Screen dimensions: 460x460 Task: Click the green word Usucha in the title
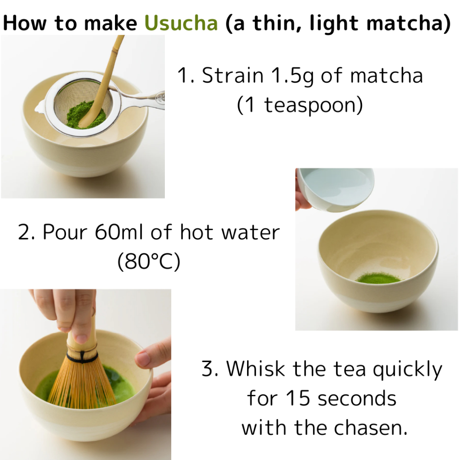(181, 22)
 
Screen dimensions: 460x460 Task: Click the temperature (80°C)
(149, 262)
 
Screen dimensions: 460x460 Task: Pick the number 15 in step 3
(298, 398)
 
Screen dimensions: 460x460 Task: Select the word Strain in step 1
(233, 75)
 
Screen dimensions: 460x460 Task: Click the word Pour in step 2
(65, 232)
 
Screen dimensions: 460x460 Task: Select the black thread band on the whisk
(82, 357)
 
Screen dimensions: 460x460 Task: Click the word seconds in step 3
(357, 398)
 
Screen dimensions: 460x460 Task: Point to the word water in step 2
(251, 232)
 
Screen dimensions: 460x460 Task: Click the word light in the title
(334, 22)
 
